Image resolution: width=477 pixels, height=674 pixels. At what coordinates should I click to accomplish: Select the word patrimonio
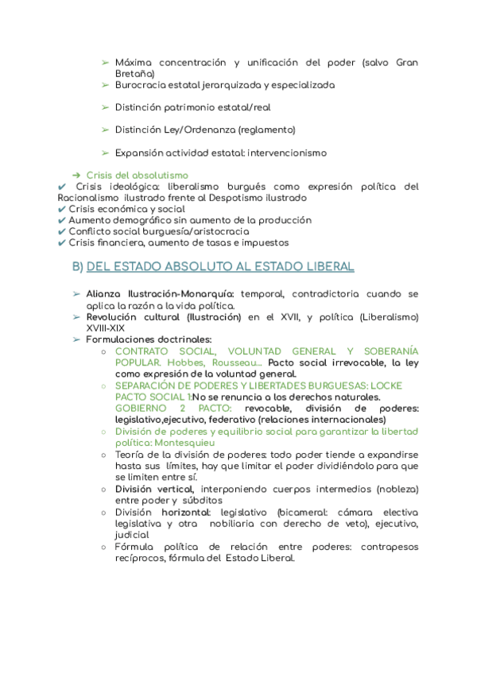[191, 107]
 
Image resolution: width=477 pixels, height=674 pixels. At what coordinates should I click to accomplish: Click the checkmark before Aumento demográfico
[63, 220]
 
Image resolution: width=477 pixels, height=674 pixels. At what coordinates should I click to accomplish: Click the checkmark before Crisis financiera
[63, 242]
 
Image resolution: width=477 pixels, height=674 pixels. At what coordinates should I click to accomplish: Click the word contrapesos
[390, 547]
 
